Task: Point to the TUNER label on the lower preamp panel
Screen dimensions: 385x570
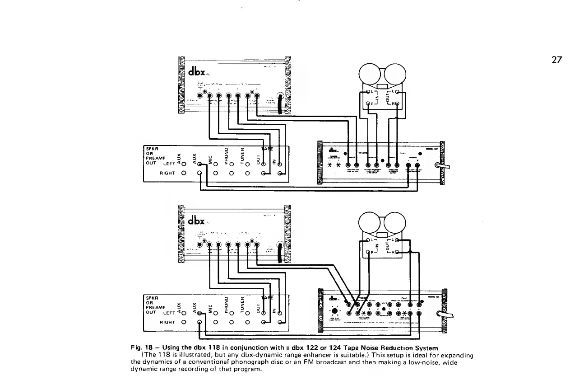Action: (x=242, y=305)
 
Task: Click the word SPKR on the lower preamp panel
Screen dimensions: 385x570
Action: (x=152, y=297)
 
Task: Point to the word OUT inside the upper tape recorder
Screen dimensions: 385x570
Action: (x=387, y=99)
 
